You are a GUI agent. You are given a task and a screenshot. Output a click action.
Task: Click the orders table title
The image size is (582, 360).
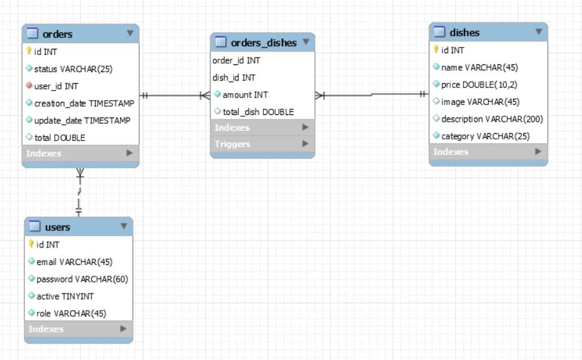58,34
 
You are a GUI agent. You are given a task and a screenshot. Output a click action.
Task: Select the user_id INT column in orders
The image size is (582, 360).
56,86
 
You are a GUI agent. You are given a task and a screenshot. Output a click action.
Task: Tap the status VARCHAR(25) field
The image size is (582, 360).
73,69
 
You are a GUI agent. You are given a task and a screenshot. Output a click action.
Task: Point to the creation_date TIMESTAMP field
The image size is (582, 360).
84,103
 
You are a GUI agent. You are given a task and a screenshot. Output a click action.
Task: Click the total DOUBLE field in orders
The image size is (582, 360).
59,137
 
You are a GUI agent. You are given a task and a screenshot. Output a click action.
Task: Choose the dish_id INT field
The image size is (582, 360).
234,77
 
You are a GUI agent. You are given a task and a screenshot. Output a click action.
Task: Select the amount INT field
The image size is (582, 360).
245,94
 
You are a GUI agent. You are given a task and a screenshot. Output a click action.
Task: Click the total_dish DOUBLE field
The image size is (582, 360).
258,112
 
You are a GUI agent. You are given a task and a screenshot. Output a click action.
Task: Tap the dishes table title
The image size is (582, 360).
464,32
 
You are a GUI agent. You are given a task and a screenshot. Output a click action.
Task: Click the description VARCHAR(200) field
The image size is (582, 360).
492,119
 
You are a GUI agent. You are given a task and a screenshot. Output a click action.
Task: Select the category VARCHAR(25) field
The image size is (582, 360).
485,136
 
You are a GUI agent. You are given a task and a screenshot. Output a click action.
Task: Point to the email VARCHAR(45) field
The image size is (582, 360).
74,262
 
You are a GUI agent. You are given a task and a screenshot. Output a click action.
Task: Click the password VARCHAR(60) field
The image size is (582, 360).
82,279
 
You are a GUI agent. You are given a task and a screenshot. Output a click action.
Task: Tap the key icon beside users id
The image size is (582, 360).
31,244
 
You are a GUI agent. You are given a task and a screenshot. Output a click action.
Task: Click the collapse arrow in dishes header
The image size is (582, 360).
538,31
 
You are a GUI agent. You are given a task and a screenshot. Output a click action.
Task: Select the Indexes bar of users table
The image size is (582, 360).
78,329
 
